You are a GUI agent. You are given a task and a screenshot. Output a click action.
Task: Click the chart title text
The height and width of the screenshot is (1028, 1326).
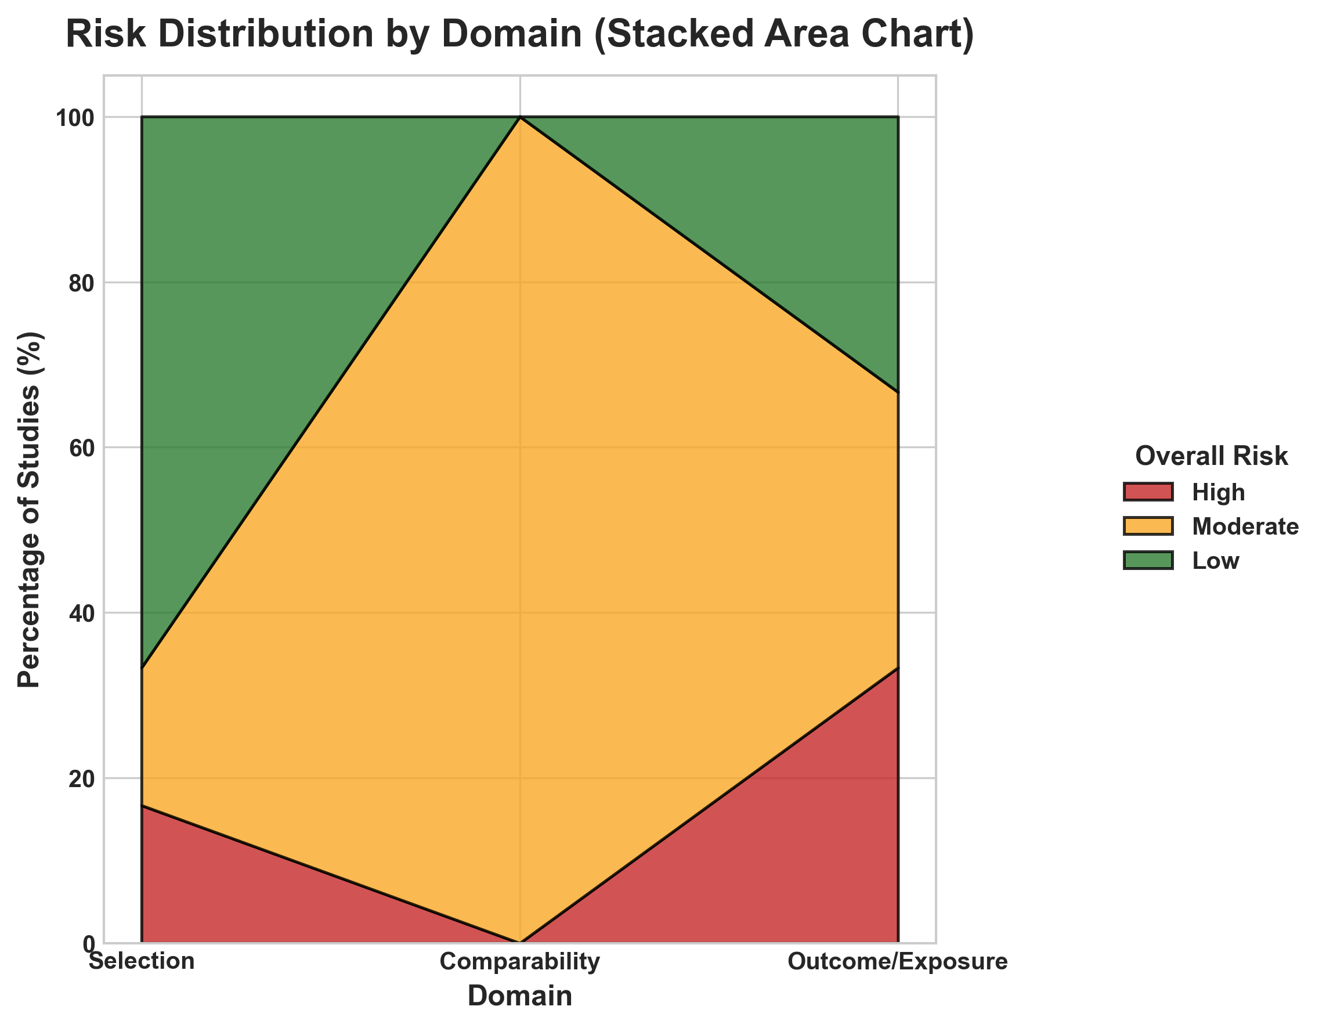520,34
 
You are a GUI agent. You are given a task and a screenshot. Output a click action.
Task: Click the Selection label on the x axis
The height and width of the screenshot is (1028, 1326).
142,962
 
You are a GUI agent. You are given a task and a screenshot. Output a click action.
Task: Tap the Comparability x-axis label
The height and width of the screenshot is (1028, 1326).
520,962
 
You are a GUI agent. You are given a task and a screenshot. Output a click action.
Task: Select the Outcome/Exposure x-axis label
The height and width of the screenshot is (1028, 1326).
897,962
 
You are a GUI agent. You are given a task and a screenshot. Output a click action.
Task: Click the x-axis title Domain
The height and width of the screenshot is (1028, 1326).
520,997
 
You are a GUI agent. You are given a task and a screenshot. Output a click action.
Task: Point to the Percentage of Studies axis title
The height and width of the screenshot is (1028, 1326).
29,509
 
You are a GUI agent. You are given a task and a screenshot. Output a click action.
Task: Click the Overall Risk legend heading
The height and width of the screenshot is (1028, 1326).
1211,456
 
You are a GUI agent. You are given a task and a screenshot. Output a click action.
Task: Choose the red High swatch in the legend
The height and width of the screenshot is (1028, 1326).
1148,492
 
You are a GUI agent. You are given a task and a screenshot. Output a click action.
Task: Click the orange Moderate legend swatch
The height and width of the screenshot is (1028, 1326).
1148,526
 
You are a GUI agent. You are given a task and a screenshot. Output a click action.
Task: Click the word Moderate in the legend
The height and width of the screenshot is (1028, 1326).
1245,526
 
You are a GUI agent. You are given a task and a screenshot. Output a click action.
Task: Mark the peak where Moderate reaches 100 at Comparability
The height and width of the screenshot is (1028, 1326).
520,117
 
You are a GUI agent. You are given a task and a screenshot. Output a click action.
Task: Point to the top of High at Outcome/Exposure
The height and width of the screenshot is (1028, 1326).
897,668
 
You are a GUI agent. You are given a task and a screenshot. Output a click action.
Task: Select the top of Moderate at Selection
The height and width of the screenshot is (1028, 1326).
142,668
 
